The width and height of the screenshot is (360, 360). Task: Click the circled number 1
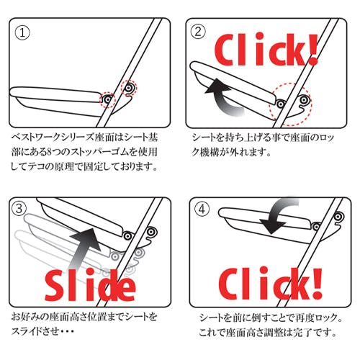[22, 33]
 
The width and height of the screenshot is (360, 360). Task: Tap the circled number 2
[198, 32]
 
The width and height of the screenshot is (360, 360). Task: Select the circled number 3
[19, 208]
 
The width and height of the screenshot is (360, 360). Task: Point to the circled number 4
[202, 209]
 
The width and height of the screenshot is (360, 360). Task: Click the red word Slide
[91, 285]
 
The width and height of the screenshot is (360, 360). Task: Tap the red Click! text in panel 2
[267, 50]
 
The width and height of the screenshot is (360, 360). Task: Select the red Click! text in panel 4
[271, 284]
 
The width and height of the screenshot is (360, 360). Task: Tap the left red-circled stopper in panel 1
[108, 99]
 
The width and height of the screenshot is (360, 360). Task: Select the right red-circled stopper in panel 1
[129, 88]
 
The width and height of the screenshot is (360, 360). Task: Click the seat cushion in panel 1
[55, 94]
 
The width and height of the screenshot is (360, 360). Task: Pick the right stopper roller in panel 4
[338, 217]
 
